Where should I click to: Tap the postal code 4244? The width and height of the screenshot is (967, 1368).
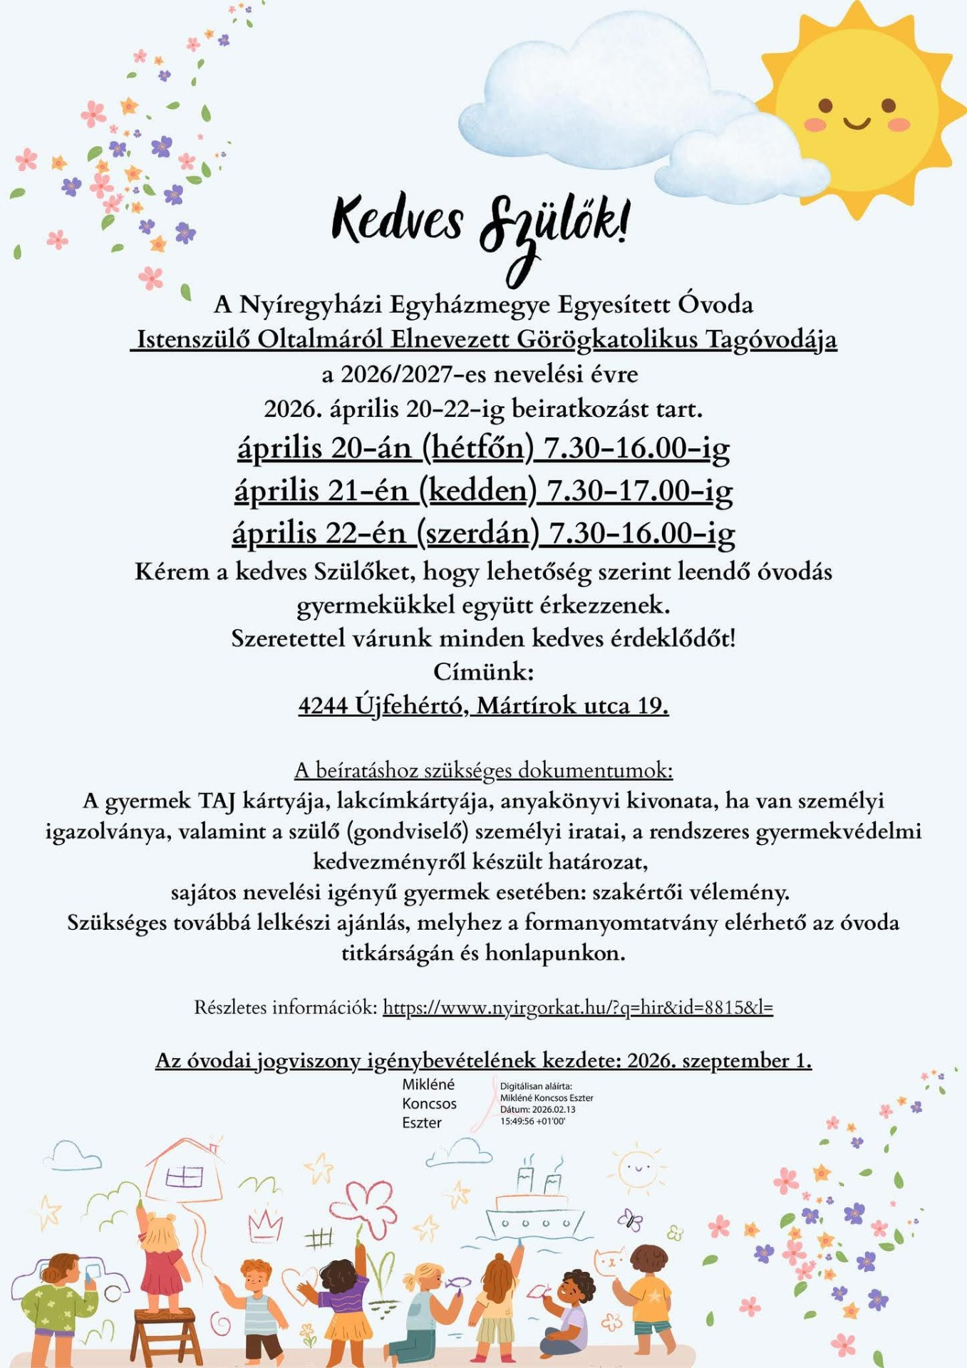pos(323,705)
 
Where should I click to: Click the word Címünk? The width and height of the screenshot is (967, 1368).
pos(483,671)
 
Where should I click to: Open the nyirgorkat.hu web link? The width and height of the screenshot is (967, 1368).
pos(577,1007)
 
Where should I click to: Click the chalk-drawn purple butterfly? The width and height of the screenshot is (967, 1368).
pos(630,1220)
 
